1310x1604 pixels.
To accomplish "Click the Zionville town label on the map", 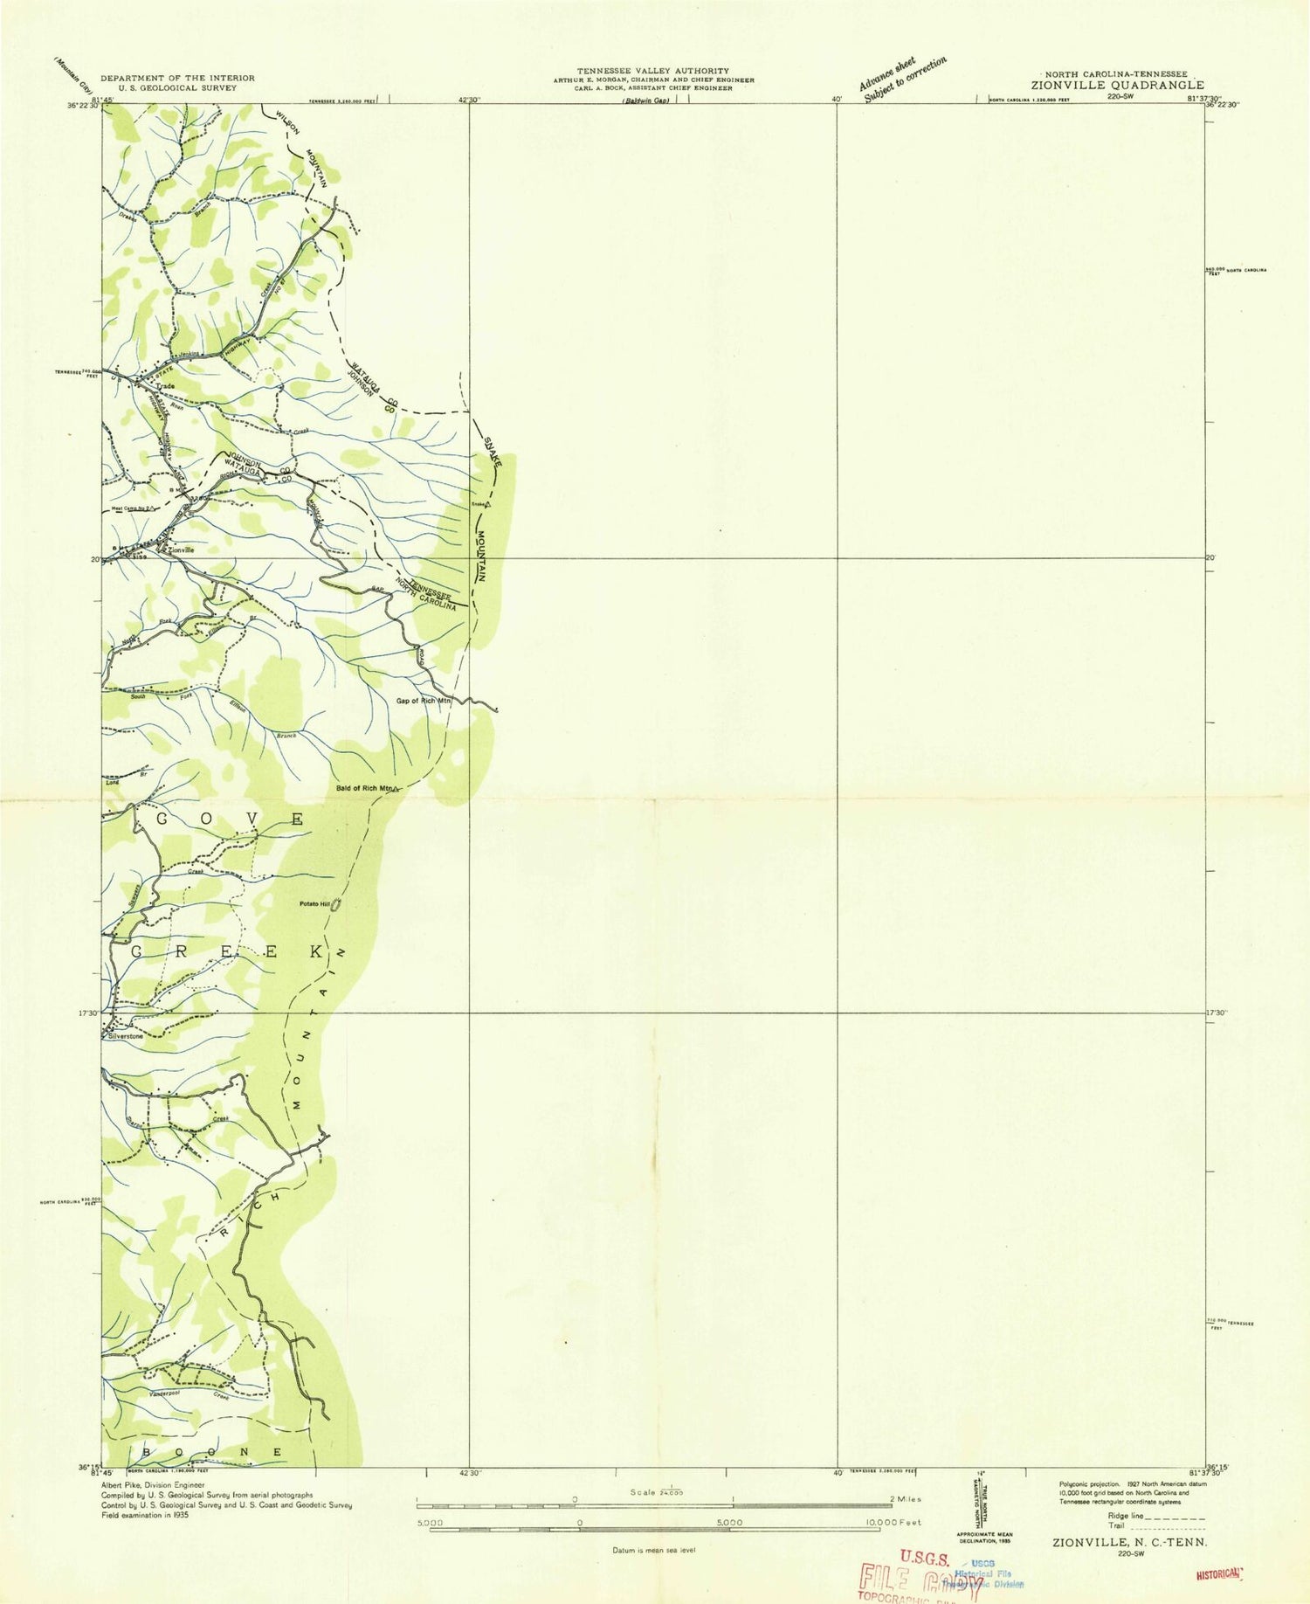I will pyautogui.click(x=181, y=550).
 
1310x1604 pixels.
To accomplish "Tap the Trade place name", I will pyautogui.click(x=166, y=386).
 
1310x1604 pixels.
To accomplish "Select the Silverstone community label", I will pyautogui.click(x=124, y=1036).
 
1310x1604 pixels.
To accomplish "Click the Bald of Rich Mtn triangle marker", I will pyautogui.click(x=396, y=789).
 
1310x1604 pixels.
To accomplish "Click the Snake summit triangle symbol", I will pyautogui.click(x=488, y=504).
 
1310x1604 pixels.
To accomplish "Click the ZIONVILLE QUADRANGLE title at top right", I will pyautogui.click(x=1117, y=86).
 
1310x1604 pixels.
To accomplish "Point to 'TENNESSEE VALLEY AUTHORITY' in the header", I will pyautogui.click(x=652, y=70).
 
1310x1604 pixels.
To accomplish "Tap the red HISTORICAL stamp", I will pyautogui.click(x=1217, y=1573).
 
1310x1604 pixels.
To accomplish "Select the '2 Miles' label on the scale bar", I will pyautogui.click(x=903, y=1499).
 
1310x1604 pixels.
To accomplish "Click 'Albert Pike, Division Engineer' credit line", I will pyautogui.click(x=153, y=1484).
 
